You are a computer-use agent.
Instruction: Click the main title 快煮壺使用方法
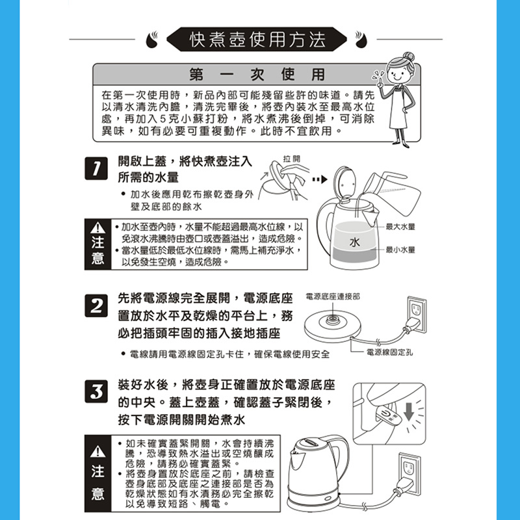(x=257, y=40)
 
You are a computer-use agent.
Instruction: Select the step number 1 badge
(x=96, y=168)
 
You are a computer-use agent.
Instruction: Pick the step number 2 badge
(x=96, y=305)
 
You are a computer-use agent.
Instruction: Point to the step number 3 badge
(x=96, y=391)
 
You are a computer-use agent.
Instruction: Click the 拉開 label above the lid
(x=291, y=159)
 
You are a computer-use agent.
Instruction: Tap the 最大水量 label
(x=400, y=227)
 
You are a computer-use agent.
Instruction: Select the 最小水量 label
(x=400, y=250)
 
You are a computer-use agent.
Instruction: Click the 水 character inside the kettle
(x=354, y=242)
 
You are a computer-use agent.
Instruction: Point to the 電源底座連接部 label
(x=332, y=296)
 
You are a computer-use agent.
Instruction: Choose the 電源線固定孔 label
(x=389, y=352)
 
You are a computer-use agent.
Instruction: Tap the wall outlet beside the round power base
(x=417, y=315)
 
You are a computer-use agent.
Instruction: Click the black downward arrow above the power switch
(x=409, y=411)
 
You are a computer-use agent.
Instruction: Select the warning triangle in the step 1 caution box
(x=97, y=227)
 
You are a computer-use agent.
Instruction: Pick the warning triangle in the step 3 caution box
(x=97, y=451)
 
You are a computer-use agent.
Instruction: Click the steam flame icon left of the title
(x=152, y=40)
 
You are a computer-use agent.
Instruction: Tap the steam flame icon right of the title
(x=361, y=40)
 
